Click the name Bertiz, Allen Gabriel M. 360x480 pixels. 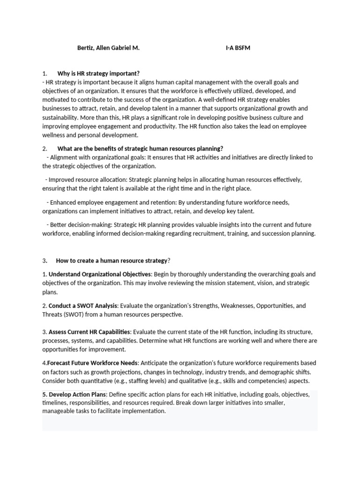click(108, 48)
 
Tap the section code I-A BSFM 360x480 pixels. click(238, 48)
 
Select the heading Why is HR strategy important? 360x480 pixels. click(98, 74)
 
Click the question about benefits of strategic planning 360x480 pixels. click(141, 149)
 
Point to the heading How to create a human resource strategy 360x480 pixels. click(112, 260)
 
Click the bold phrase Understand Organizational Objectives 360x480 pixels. click(100, 274)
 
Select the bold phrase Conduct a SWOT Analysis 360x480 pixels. click(82, 306)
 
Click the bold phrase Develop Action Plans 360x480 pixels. click(78, 395)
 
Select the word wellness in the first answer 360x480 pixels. click(55, 135)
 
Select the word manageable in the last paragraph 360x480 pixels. click(59, 411)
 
